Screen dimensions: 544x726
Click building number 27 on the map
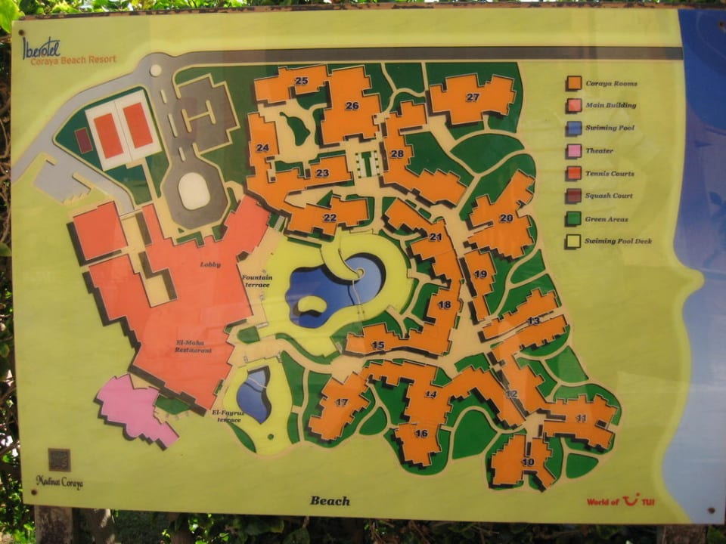point(473,97)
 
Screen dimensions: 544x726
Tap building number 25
point(301,81)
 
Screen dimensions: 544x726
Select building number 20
point(505,218)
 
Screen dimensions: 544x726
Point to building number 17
point(342,402)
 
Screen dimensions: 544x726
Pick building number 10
point(527,462)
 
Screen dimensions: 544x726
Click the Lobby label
point(210,264)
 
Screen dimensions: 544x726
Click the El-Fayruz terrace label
point(226,416)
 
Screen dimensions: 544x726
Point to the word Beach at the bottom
point(330,500)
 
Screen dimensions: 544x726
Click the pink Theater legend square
point(574,150)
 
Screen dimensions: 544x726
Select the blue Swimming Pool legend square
point(574,128)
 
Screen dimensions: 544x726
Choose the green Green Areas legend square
point(574,218)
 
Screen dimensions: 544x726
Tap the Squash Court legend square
point(574,196)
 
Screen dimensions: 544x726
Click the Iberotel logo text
point(42,48)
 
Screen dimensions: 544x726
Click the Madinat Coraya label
point(59,481)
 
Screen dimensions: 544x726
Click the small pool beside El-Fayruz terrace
point(254,395)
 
